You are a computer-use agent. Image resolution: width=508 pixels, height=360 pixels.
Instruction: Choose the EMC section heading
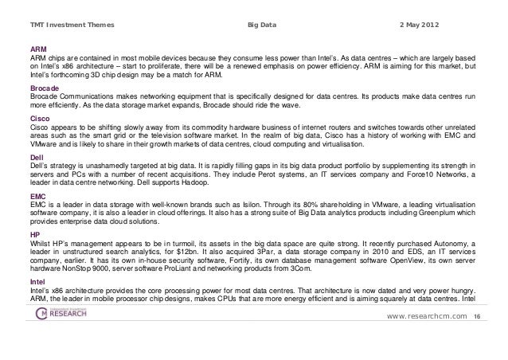point(37,194)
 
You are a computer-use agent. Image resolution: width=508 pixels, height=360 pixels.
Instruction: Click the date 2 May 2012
point(429,26)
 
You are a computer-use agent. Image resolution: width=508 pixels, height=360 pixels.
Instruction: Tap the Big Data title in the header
point(262,26)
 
